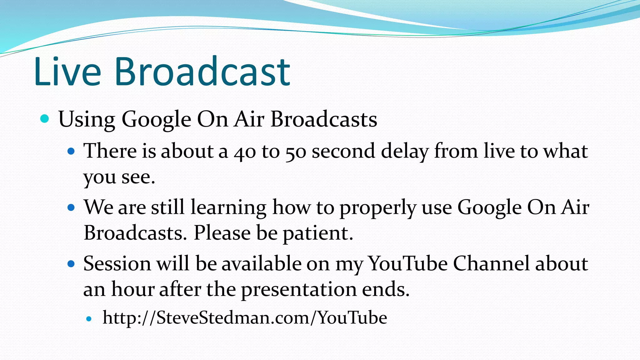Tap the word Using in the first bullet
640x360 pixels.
(x=87, y=120)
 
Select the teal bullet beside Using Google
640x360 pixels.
(x=45, y=119)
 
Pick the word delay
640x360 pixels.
(x=404, y=151)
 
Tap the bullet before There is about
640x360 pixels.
(x=71, y=152)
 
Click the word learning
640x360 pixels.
(x=228, y=207)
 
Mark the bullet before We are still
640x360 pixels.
(x=71, y=207)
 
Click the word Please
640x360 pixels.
(x=222, y=233)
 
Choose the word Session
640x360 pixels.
(x=117, y=264)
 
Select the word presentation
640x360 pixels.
(x=299, y=290)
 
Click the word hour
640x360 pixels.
(x=133, y=289)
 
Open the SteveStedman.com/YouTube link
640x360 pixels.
(x=245, y=318)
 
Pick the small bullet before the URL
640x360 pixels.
(x=89, y=319)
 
